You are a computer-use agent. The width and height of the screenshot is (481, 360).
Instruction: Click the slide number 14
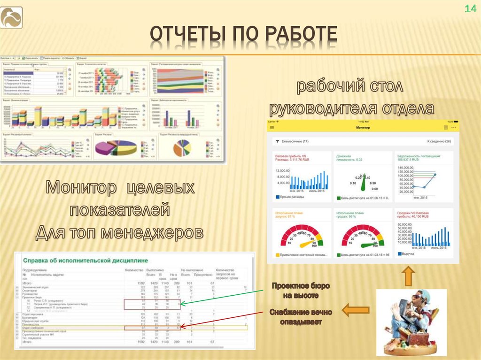coord(470,8)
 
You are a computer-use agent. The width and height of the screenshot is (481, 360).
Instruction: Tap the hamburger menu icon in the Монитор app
coord(271,128)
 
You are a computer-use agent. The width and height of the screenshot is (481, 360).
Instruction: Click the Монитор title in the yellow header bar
coord(363,128)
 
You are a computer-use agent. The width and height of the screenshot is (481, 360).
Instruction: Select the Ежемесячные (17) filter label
coord(292,141)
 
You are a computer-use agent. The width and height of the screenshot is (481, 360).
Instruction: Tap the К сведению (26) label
coord(438,141)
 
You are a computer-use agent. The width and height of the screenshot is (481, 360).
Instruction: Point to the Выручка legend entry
coord(407,254)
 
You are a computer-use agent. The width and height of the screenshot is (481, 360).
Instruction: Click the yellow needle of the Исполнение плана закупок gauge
coord(307,243)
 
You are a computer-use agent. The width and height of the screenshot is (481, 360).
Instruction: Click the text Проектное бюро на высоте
coord(300,291)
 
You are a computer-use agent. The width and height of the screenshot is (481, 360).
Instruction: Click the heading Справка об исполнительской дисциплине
coord(85,260)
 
